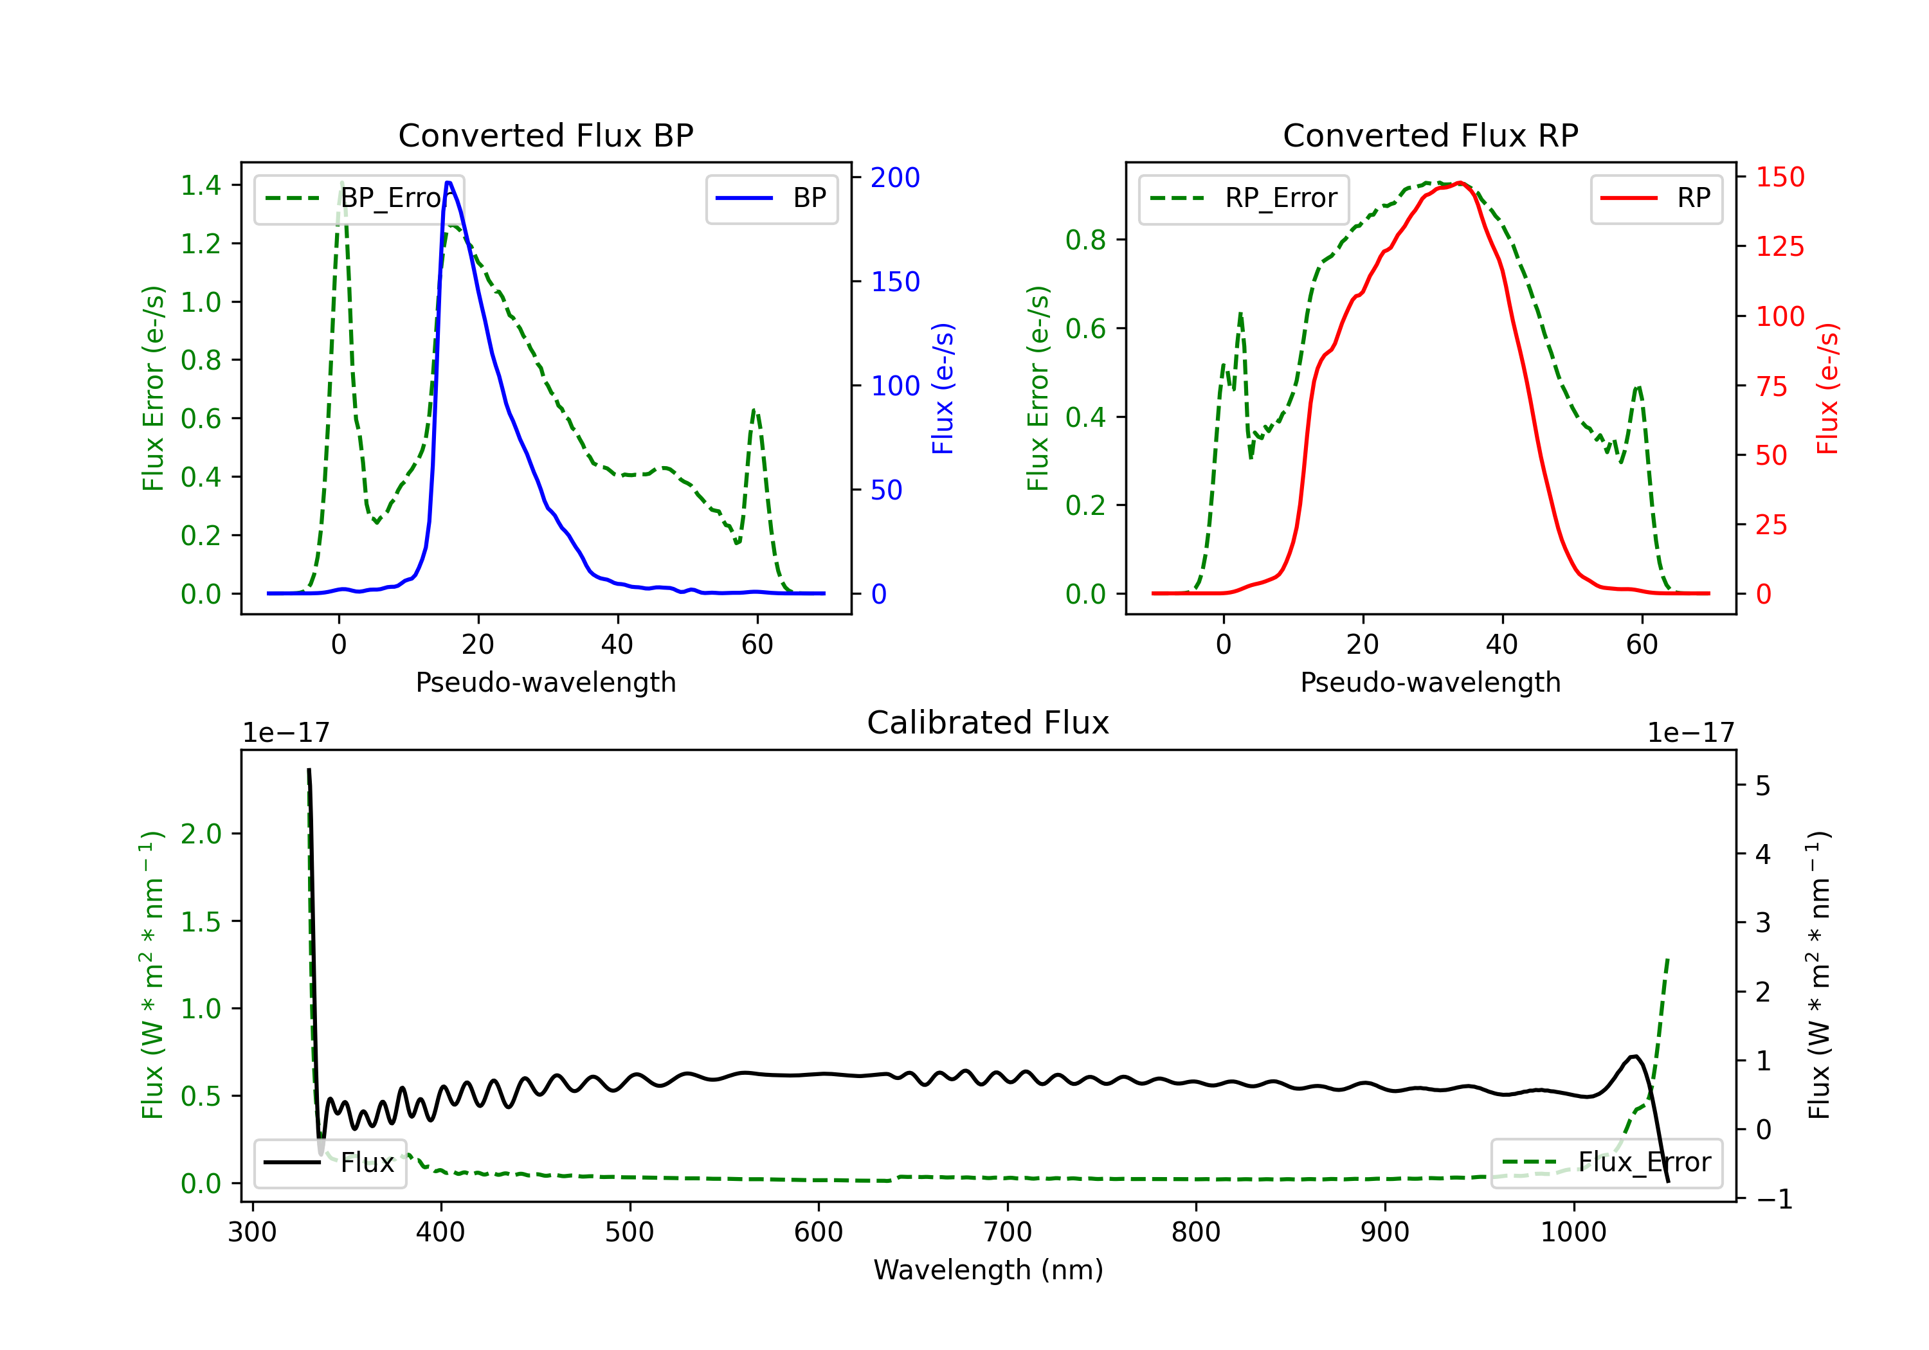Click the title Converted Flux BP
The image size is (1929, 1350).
pyautogui.click(x=545, y=135)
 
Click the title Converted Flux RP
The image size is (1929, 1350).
pyautogui.click(x=1430, y=135)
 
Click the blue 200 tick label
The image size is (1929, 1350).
pyautogui.click(x=895, y=177)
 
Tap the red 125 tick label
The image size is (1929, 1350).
pyautogui.click(x=1779, y=247)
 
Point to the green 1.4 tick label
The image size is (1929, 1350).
pyautogui.click(x=201, y=184)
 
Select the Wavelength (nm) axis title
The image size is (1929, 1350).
pyautogui.click(x=988, y=1270)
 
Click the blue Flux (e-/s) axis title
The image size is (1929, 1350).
pyautogui.click(x=943, y=388)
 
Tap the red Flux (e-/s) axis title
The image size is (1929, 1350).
pyautogui.click(x=1827, y=388)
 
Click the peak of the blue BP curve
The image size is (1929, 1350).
pyautogui.click(x=449, y=183)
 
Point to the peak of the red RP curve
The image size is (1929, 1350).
pyautogui.click(x=1460, y=183)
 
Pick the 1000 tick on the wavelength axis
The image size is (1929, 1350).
pyautogui.click(x=1573, y=1232)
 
